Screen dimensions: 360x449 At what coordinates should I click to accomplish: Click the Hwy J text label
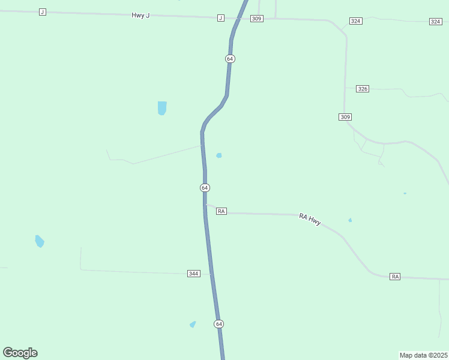tap(140, 15)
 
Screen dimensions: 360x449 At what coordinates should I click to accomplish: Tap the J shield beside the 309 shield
tap(221, 18)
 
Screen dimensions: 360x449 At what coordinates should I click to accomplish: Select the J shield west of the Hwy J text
tap(42, 12)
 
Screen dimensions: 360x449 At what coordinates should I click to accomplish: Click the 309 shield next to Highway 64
tap(257, 19)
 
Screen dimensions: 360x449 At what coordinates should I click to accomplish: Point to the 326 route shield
tap(362, 88)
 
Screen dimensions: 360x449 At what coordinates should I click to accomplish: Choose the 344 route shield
tap(193, 274)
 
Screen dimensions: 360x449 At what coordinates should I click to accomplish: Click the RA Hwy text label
tap(310, 219)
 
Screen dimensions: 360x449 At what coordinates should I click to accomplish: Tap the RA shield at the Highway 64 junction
tap(221, 211)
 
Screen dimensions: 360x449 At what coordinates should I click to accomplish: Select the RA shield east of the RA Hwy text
tap(394, 276)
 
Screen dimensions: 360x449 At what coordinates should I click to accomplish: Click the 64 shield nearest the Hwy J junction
tap(230, 59)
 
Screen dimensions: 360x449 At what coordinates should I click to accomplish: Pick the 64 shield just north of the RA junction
tap(205, 188)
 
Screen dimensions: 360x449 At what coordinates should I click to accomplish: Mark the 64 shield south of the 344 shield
tap(218, 324)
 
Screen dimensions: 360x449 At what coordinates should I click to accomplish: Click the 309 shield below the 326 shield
tap(345, 117)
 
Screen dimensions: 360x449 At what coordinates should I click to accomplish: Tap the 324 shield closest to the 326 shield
tap(355, 21)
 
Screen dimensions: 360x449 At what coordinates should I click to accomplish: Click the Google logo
tap(20, 353)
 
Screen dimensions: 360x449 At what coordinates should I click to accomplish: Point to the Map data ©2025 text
tap(424, 355)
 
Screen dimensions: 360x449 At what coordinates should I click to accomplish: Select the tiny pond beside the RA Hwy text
tap(350, 220)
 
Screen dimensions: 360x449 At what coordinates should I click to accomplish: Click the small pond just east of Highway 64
tap(219, 155)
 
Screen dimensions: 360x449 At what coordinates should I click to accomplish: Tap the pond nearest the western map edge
tap(39, 241)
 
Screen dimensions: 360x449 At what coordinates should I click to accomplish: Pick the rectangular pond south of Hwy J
tap(162, 108)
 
